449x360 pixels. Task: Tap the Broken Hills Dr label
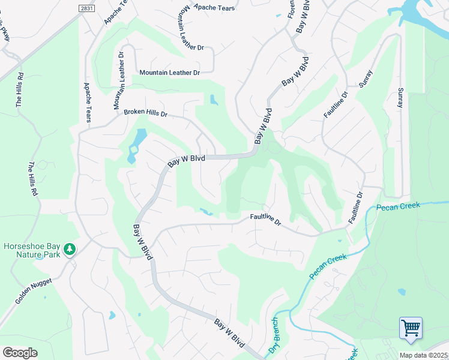[145, 113]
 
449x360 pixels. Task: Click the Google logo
[20, 353]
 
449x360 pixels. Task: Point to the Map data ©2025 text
[423, 355]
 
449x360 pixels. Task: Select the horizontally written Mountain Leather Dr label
[169, 73]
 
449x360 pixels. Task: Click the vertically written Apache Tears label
[88, 103]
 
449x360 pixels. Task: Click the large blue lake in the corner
[420, 11]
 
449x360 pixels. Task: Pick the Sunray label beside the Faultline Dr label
[366, 79]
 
